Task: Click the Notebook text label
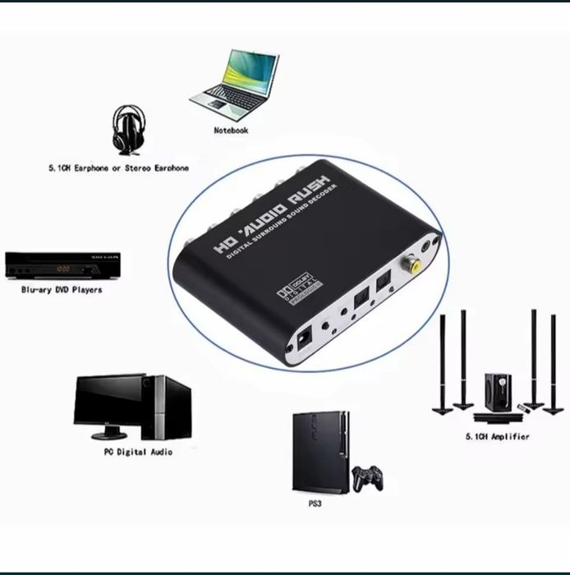[x=231, y=130]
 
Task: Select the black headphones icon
[x=126, y=131]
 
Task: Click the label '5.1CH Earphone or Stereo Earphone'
[x=118, y=168]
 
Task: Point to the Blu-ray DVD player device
[x=62, y=264]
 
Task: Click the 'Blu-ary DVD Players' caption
[x=62, y=290]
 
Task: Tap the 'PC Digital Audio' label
[x=138, y=452]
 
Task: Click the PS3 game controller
[x=367, y=478]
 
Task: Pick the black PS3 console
[x=320, y=452]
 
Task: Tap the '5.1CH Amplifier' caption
[x=497, y=437]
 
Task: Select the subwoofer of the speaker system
[x=497, y=392]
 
